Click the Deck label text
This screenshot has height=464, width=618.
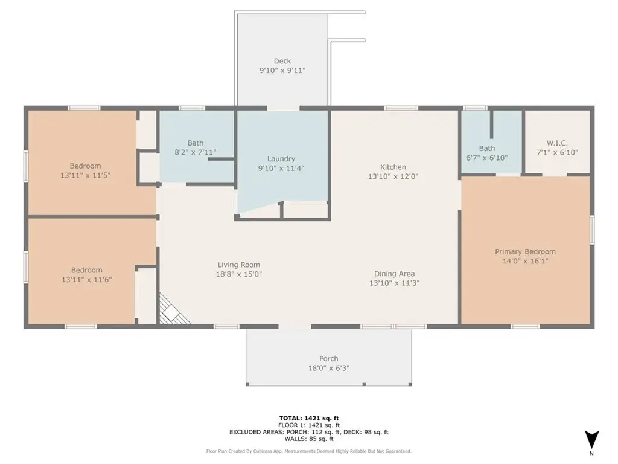click(282, 61)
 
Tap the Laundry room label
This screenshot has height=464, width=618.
click(281, 159)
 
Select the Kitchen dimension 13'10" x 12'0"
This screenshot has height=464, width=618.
click(393, 176)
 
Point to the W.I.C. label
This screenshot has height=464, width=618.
click(557, 143)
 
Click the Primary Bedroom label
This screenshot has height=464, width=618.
click(526, 252)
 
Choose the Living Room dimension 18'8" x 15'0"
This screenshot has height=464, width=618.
click(239, 274)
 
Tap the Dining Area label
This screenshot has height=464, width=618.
click(394, 274)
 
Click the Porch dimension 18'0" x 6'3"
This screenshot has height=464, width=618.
click(329, 368)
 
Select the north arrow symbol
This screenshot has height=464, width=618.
click(591, 440)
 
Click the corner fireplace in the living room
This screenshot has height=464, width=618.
click(172, 311)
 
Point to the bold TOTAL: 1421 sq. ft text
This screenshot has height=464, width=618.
click(309, 418)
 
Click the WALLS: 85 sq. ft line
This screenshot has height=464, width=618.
click(309, 439)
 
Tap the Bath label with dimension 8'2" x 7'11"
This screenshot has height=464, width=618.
click(196, 143)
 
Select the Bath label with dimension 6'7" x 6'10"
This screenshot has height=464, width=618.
click(487, 149)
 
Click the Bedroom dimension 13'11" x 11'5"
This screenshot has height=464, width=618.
click(85, 175)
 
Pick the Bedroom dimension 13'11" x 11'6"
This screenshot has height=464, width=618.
click(87, 280)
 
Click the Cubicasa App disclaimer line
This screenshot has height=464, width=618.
click(308, 451)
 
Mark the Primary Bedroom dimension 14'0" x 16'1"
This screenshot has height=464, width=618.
click(526, 261)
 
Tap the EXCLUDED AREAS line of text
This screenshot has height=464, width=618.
click(309, 432)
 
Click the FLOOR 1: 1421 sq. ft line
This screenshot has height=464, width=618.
click(309, 425)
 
